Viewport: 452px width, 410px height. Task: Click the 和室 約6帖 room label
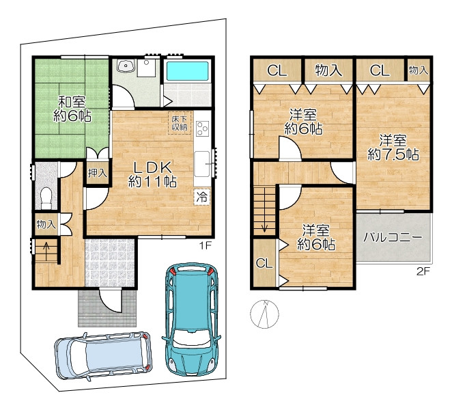point(72,109)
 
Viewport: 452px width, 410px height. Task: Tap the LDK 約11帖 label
point(152,174)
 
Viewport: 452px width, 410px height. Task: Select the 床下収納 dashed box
point(180,123)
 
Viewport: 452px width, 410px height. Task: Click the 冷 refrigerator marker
point(202,197)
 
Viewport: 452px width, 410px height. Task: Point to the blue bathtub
point(187,71)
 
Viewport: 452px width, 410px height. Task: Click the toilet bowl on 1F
point(46,197)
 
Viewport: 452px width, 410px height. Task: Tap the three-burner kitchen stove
point(202,128)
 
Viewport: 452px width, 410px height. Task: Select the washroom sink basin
point(126,66)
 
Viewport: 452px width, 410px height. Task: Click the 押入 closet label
point(98,173)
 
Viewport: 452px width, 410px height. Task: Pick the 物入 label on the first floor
point(46,224)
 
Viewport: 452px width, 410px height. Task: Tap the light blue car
point(103,355)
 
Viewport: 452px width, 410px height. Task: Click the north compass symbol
point(264,314)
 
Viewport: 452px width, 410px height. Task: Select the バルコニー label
point(393,238)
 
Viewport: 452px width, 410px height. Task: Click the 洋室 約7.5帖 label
point(393,148)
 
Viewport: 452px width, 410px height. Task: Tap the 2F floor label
point(423,271)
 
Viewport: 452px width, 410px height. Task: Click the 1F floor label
point(206,245)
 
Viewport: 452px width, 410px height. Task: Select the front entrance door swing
point(110,301)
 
